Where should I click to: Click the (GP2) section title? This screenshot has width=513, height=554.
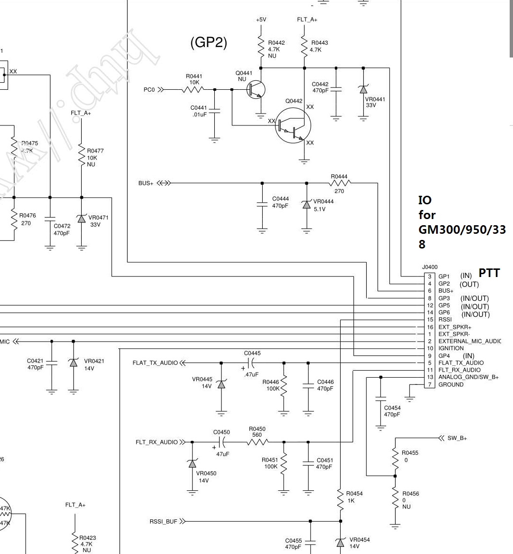tap(209, 43)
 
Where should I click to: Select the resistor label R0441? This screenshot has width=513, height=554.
tap(194, 76)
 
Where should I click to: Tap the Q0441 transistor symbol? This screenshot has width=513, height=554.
tap(256, 89)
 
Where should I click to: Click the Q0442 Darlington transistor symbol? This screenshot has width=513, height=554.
tap(293, 125)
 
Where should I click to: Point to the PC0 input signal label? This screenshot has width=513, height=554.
tap(149, 90)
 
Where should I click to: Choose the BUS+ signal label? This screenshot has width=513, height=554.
tap(146, 183)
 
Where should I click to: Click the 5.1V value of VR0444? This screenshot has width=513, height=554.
tap(320, 209)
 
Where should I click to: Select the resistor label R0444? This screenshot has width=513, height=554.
tap(339, 177)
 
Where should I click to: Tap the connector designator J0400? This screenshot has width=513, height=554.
tap(429, 267)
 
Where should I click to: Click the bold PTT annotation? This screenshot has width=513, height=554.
tap(489, 273)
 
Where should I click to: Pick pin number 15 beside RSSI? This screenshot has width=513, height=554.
tap(430, 320)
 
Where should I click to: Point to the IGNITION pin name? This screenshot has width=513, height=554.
tap(451, 348)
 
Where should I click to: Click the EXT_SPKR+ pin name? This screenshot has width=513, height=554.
tap(455, 327)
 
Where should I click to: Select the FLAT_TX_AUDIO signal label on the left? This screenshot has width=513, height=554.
tap(155, 363)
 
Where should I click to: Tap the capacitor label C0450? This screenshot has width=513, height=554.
tap(221, 432)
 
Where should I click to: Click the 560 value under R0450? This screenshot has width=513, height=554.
tap(257, 435)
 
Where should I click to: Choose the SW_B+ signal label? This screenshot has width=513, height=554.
tap(457, 438)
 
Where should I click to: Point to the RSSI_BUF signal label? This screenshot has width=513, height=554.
tap(163, 522)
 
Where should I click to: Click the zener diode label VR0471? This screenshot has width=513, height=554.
tap(98, 218)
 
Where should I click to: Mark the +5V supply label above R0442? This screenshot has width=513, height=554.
tap(261, 20)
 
